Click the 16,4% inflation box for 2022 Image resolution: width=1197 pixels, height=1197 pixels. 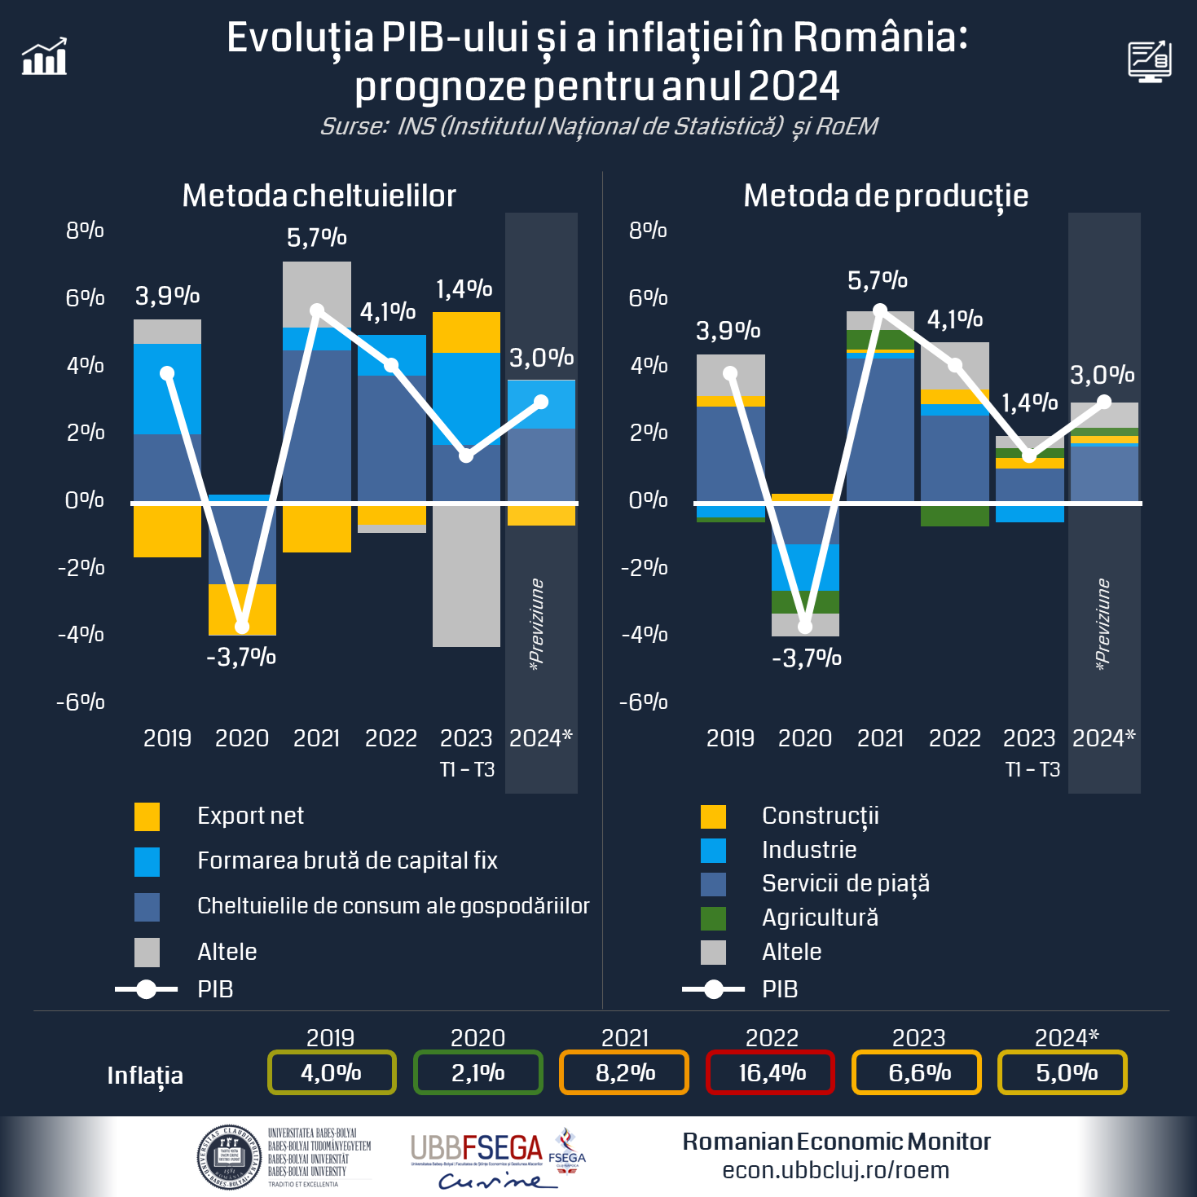(x=771, y=1072)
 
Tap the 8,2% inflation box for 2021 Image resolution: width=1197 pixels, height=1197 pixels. (x=624, y=1072)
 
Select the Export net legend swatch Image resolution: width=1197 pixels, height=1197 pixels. (x=147, y=816)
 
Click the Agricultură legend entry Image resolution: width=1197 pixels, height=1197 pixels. (x=820, y=918)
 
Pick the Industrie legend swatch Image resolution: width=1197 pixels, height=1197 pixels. (x=713, y=850)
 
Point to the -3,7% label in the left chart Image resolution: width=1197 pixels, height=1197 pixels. (x=241, y=657)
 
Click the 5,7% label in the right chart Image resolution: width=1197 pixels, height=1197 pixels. (x=878, y=281)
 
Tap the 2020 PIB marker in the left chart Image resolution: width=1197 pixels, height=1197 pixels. (x=242, y=626)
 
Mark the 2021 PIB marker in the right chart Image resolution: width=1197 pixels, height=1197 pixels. (x=880, y=310)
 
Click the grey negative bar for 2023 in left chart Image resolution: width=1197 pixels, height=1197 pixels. (x=466, y=575)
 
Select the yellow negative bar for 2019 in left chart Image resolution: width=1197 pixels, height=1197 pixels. (x=167, y=531)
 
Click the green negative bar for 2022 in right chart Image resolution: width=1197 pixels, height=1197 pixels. (x=955, y=516)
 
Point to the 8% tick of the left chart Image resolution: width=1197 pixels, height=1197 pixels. (x=85, y=231)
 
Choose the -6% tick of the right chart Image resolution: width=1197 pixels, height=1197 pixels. (x=644, y=702)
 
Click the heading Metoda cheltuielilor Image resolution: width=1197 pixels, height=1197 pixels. (x=319, y=196)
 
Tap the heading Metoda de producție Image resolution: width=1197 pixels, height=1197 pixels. (x=886, y=196)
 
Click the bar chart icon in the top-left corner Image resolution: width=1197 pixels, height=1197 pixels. (x=45, y=57)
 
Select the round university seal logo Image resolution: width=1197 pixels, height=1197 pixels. (x=229, y=1157)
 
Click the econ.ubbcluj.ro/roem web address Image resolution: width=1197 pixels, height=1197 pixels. (x=835, y=1170)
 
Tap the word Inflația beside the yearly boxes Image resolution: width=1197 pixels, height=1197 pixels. (x=145, y=1076)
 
